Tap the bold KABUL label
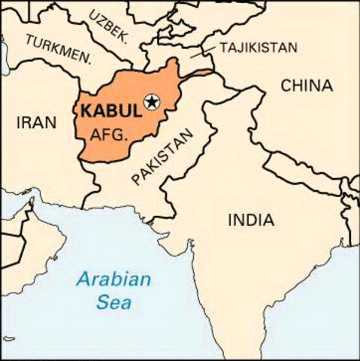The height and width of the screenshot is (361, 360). click(110, 110)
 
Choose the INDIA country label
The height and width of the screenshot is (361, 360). click(250, 220)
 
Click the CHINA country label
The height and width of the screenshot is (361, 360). click(307, 86)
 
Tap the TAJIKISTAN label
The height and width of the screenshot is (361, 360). click(258, 47)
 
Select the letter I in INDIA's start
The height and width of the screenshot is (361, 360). click(228, 220)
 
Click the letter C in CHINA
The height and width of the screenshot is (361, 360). click(286, 86)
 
